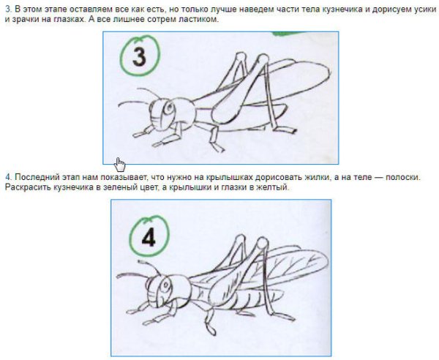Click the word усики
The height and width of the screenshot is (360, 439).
[x=420, y=8]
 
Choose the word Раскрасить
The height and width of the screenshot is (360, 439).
[x=26, y=187]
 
